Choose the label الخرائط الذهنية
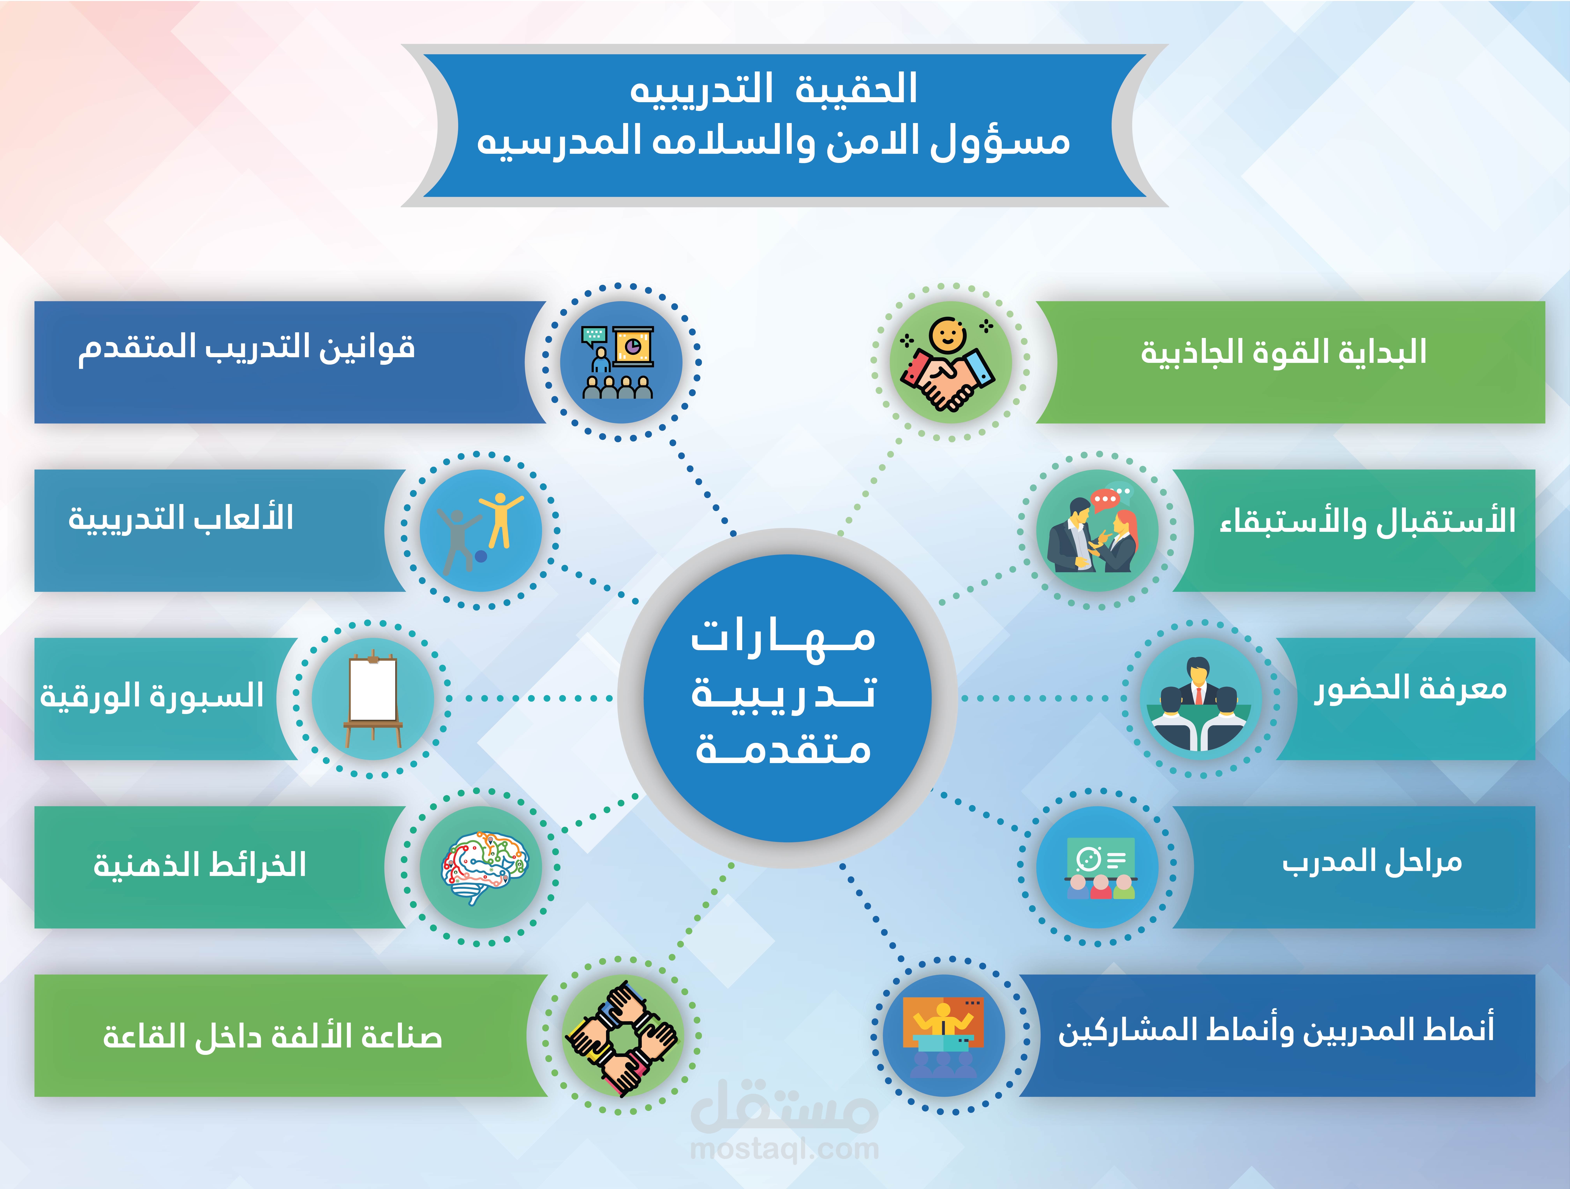click(200, 864)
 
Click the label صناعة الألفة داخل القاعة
click(273, 1036)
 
